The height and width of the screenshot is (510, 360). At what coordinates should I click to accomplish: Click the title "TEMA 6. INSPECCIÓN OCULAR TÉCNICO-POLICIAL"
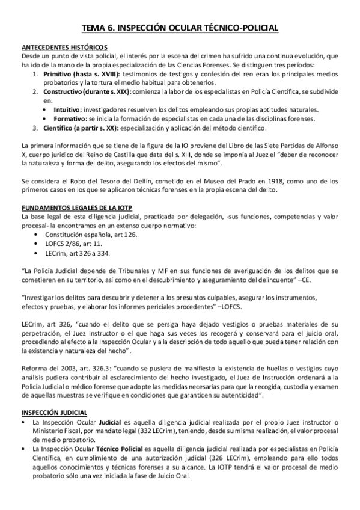[x=180, y=28]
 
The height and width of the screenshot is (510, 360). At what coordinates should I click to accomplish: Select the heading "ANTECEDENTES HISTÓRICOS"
[x=64, y=48]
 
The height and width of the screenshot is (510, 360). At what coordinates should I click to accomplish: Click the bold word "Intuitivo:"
[x=67, y=109]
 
